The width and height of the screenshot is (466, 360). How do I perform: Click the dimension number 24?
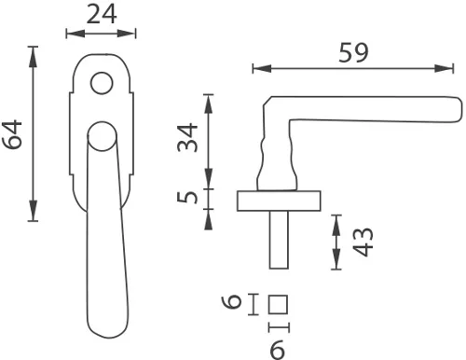[x=102, y=14]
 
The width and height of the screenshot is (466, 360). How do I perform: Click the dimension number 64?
[x=12, y=134]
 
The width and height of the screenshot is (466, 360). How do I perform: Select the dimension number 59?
[x=353, y=52]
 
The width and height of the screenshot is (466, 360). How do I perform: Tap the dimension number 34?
[x=187, y=137]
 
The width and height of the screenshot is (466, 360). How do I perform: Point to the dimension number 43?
[x=363, y=242]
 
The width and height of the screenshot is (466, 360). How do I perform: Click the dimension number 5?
[x=187, y=198]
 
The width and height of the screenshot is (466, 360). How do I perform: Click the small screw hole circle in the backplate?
[x=102, y=83]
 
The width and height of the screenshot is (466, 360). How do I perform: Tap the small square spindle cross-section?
[x=278, y=304]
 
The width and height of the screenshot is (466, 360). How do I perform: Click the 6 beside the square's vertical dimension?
[x=231, y=302]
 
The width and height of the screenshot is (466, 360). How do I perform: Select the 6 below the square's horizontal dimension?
[x=277, y=349]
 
